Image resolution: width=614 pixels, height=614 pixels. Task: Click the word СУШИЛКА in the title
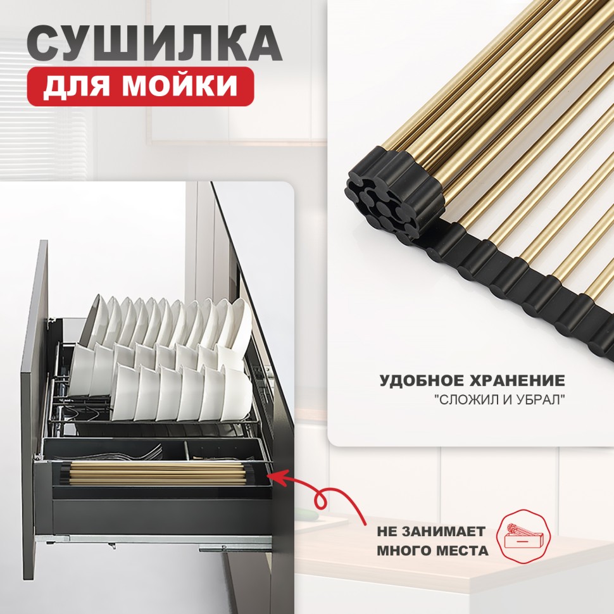click(154, 44)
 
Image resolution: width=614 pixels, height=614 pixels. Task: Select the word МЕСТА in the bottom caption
click(460, 551)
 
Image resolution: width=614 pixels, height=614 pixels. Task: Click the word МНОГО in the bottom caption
click(406, 551)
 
